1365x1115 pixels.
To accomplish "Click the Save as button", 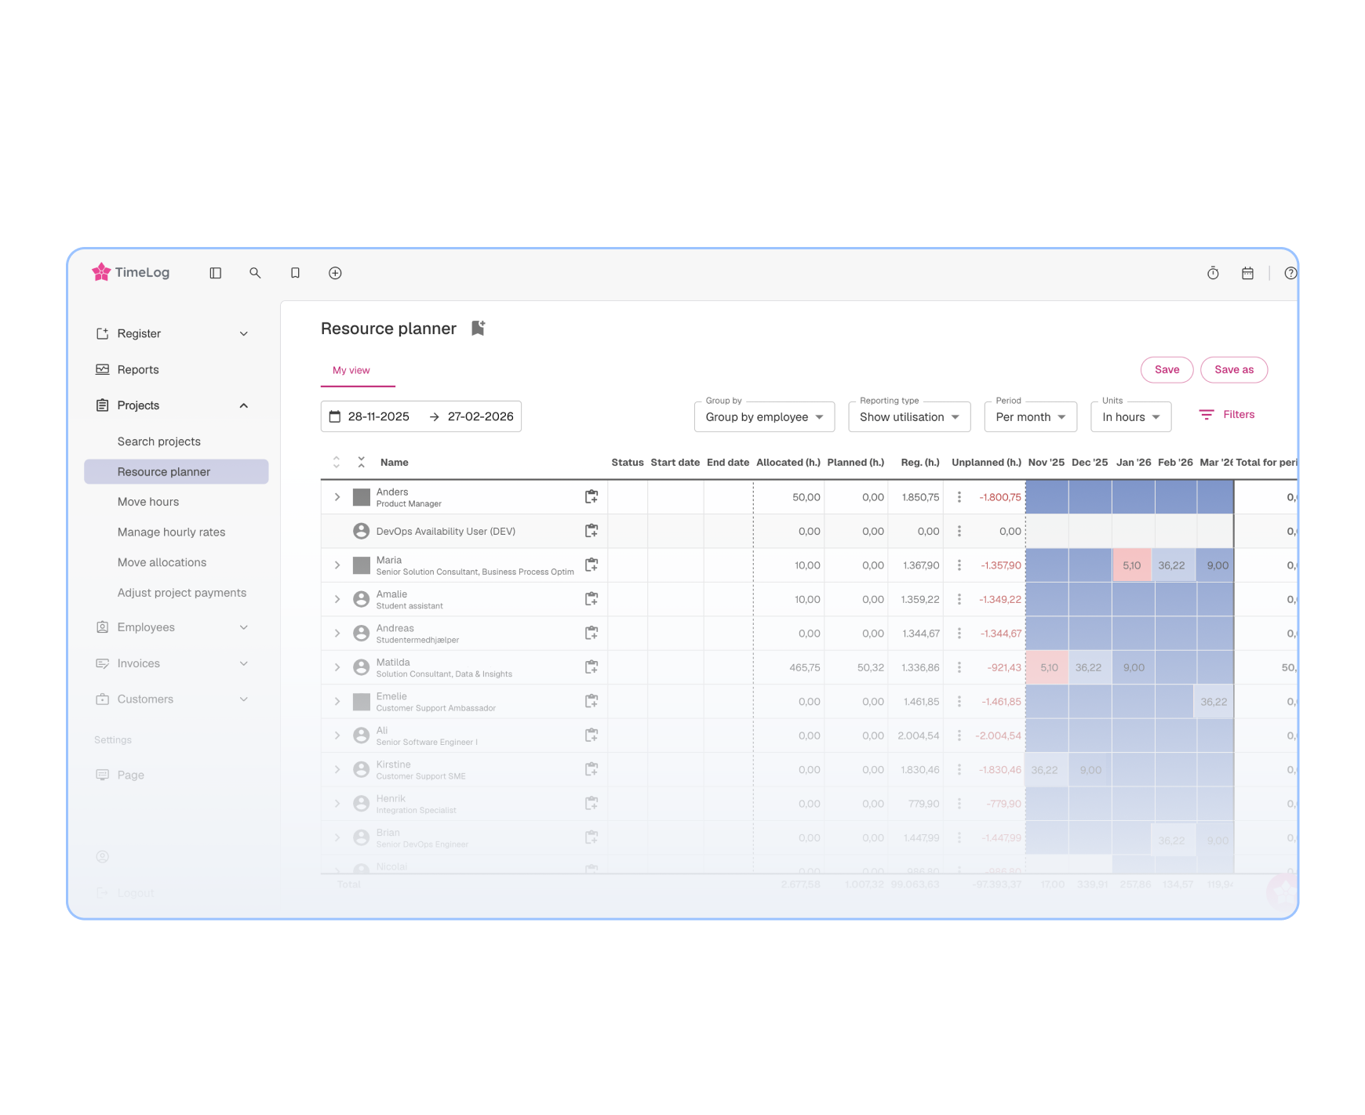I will coord(1233,370).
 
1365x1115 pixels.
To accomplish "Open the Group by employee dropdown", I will coord(763,417).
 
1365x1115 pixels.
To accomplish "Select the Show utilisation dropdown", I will coord(908,417).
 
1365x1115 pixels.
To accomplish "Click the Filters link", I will coord(1228,415).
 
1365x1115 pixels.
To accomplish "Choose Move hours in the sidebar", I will coord(148,502).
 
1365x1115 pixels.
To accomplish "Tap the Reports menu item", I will coord(138,369).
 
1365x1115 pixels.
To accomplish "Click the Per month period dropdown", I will coord(1030,417).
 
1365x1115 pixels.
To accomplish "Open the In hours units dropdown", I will coord(1130,417).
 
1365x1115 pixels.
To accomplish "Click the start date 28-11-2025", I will coord(378,416).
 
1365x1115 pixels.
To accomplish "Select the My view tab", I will coord(351,370).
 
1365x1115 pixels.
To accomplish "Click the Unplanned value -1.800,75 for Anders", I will coord(1000,497).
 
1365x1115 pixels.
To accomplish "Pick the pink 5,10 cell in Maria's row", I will coord(1131,565).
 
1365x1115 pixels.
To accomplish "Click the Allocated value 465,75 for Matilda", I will coord(804,667).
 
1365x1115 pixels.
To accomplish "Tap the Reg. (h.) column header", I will coord(919,463).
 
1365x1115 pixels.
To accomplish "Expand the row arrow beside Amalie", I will coord(337,599).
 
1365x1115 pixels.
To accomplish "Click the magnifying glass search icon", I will coord(255,273).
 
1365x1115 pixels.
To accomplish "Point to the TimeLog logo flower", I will coord(101,272).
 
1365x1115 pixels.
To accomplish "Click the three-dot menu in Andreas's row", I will coord(959,634).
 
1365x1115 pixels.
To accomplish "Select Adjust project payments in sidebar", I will coord(182,593).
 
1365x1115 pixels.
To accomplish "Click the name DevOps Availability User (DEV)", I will coord(446,531).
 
